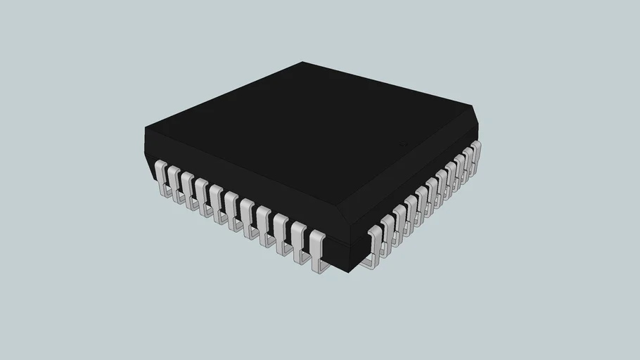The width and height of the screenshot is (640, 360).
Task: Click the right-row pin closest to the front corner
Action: tap(374, 243)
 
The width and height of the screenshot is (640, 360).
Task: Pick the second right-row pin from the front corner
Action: tap(387, 232)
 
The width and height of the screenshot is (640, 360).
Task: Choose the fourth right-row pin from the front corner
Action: tap(410, 212)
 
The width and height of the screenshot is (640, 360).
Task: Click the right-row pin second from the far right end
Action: tap(467, 162)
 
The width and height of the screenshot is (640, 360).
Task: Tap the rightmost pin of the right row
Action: tap(475, 154)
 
